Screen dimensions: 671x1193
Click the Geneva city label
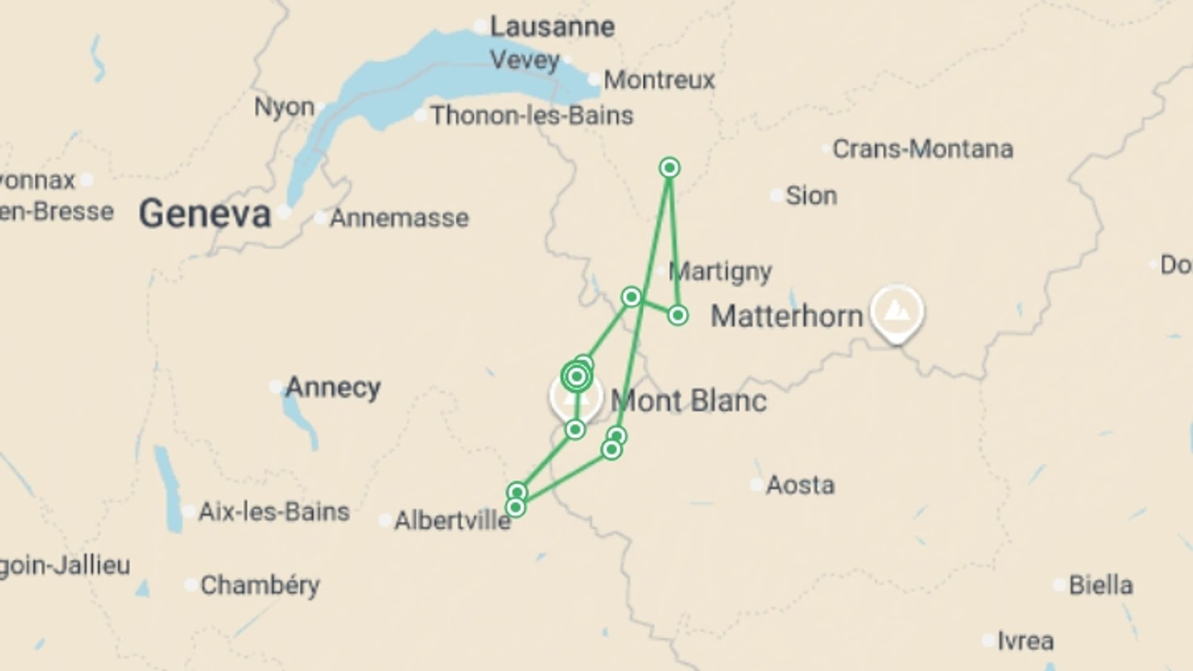(x=205, y=214)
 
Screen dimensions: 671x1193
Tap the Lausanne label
(x=552, y=27)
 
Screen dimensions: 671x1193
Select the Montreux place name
(x=659, y=80)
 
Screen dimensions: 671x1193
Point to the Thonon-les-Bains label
(x=532, y=116)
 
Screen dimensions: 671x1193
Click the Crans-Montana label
(x=923, y=149)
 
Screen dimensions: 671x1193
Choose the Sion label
(x=811, y=196)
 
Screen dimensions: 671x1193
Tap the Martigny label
(x=721, y=272)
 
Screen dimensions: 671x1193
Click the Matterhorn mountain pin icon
(x=896, y=311)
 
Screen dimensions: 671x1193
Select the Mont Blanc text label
(x=688, y=401)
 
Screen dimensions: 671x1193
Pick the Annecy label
(x=332, y=388)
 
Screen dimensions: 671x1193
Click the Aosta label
(x=800, y=485)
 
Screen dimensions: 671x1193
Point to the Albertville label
(x=452, y=521)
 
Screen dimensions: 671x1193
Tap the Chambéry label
(x=260, y=585)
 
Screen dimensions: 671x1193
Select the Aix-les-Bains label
(x=274, y=512)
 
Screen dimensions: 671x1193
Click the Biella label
(x=1100, y=585)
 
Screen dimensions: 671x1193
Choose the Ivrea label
(x=1025, y=641)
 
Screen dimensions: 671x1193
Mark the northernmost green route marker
(x=669, y=168)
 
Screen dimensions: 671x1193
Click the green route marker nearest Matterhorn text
(x=678, y=316)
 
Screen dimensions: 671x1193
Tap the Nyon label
(x=285, y=107)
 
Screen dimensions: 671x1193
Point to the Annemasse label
(x=399, y=218)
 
